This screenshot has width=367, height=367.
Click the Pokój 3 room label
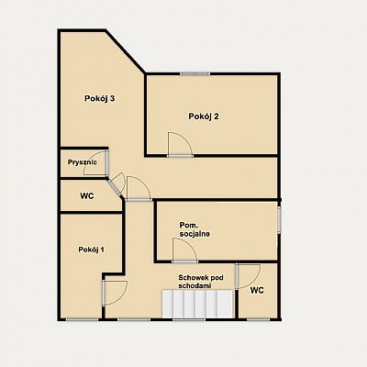click(x=100, y=99)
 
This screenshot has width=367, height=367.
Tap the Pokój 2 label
click(x=204, y=117)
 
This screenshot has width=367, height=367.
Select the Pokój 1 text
click(x=91, y=250)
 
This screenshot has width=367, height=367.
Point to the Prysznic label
click(x=83, y=162)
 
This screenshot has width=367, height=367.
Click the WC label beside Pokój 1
click(x=87, y=196)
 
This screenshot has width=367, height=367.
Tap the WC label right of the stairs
click(x=257, y=290)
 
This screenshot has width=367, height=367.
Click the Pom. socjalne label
click(x=195, y=229)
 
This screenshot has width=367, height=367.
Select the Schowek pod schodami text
click(x=201, y=282)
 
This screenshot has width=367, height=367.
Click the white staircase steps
click(x=197, y=305)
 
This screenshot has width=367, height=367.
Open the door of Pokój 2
click(x=180, y=144)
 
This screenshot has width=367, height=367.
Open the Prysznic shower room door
click(x=95, y=163)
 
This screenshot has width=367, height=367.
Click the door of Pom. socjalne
click(x=184, y=250)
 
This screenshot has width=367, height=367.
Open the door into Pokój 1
click(x=115, y=293)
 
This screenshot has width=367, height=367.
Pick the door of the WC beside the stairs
click(x=248, y=276)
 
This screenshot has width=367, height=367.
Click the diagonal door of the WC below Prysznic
click(x=117, y=184)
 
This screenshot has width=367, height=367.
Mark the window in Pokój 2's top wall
click(x=195, y=73)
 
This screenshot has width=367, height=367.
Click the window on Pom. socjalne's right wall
click(x=279, y=219)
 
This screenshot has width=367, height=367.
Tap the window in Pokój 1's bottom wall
click(x=82, y=319)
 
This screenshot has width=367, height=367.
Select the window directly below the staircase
click(x=189, y=319)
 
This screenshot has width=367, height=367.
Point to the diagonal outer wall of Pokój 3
click(x=126, y=51)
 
